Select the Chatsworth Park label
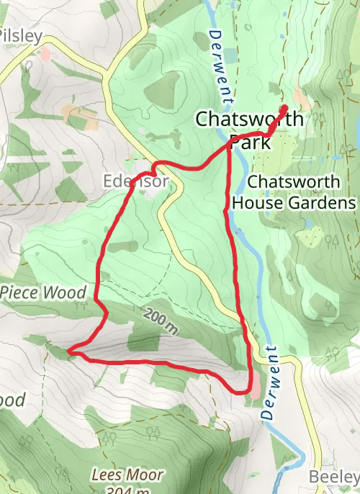click(x=249, y=130)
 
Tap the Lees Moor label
click(x=127, y=475)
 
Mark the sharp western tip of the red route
click(x=69, y=351)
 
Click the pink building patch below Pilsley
click(x=46, y=53)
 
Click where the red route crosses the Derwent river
click(x=229, y=143)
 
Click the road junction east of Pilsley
click(x=107, y=71)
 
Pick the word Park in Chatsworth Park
click(x=250, y=143)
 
